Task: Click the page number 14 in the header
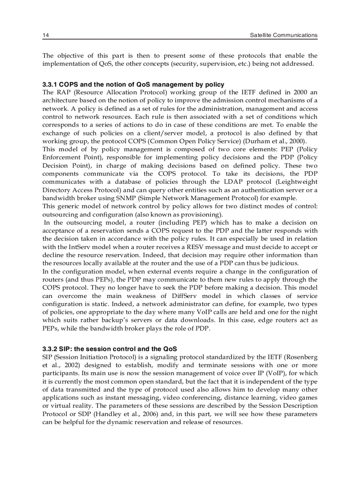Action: [45, 35]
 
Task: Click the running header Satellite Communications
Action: [283, 35]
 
